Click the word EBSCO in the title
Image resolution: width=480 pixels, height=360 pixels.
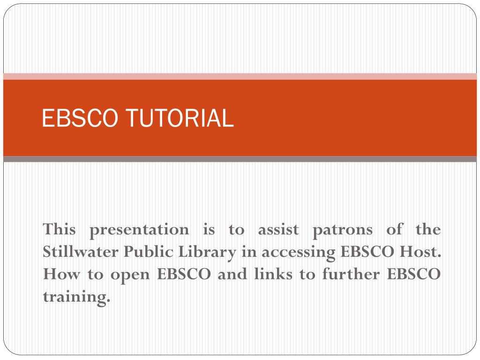point(78,118)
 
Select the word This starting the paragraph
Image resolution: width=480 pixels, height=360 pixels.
point(59,230)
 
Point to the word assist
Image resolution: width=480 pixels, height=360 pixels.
point(278,230)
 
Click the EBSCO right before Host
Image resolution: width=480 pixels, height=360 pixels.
point(367,252)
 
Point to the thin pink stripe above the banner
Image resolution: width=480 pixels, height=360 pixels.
point(240,76)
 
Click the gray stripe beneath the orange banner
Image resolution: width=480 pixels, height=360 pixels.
point(240,159)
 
